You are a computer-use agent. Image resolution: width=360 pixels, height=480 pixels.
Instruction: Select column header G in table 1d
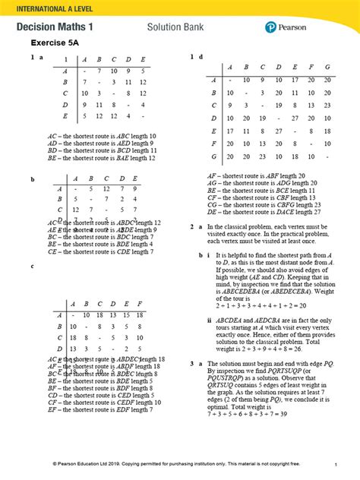point(327,66)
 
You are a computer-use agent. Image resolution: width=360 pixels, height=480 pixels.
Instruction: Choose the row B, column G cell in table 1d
point(327,92)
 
